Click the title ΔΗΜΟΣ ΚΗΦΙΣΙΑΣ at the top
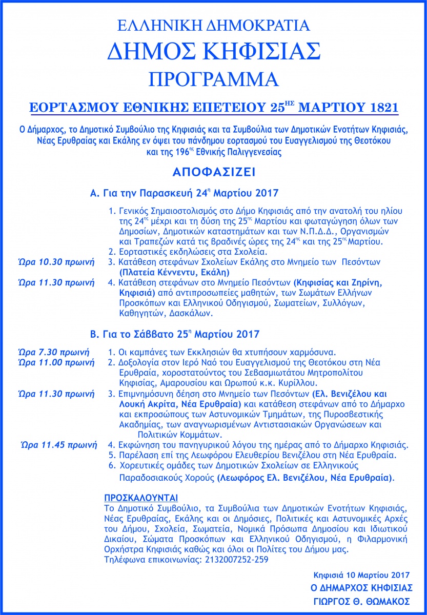(x=213, y=51)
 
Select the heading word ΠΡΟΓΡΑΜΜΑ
(x=213, y=79)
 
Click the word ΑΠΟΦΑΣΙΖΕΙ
(x=213, y=171)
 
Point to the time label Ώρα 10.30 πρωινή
(x=56, y=262)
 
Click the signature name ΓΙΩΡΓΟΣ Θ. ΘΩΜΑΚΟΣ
(x=362, y=601)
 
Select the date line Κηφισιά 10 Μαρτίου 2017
(x=362, y=573)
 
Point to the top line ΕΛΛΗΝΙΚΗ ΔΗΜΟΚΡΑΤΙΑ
(x=213, y=25)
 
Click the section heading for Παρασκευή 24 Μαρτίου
(x=184, y=193)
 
